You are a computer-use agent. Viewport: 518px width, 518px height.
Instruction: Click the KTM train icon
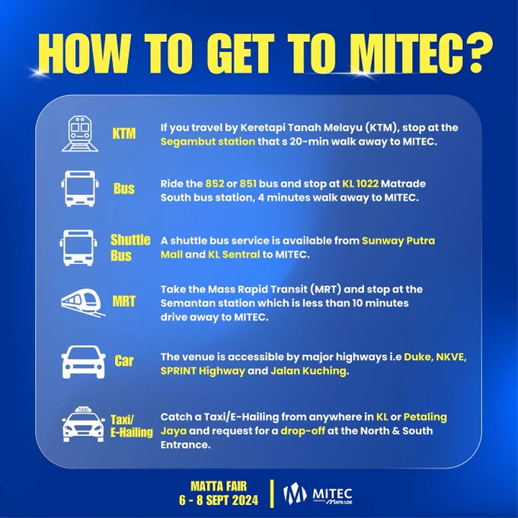click(x=80, y=134)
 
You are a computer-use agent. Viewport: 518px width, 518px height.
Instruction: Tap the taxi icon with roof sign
click(x=83, y=424)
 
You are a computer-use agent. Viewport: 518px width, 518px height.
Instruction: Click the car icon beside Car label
click(x=83, y=362)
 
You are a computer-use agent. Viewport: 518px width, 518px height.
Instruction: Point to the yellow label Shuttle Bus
click(x=130, y=248)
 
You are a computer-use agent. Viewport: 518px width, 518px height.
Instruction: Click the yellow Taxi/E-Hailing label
click(x=132, y=426)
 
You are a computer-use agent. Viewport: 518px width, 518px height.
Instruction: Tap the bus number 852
click(x=215, y=184)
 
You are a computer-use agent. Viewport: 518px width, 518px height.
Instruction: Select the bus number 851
click(x=248, y=184)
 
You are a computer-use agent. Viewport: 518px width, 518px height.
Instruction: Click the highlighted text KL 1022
click(x=360, y=184)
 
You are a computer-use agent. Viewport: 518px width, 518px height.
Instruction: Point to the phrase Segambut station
click(x=208, y=142)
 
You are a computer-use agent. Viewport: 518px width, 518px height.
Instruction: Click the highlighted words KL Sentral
click(x=234, y=254)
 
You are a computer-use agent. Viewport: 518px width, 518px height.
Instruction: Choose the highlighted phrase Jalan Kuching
click(x=309, y=371)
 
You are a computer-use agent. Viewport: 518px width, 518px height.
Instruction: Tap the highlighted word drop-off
click(x=302, y=431)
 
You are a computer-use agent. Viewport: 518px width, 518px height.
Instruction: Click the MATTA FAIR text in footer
click(x=219, y=486)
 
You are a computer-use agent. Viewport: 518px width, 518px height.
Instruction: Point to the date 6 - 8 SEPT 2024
click(x=219, y=500)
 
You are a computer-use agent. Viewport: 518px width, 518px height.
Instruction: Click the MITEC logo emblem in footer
click(x=294, y=494)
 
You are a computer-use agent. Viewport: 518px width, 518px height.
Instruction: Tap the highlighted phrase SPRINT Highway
click(x=203, y=371)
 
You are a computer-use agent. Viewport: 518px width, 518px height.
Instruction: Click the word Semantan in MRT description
click(x=188, y=303)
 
